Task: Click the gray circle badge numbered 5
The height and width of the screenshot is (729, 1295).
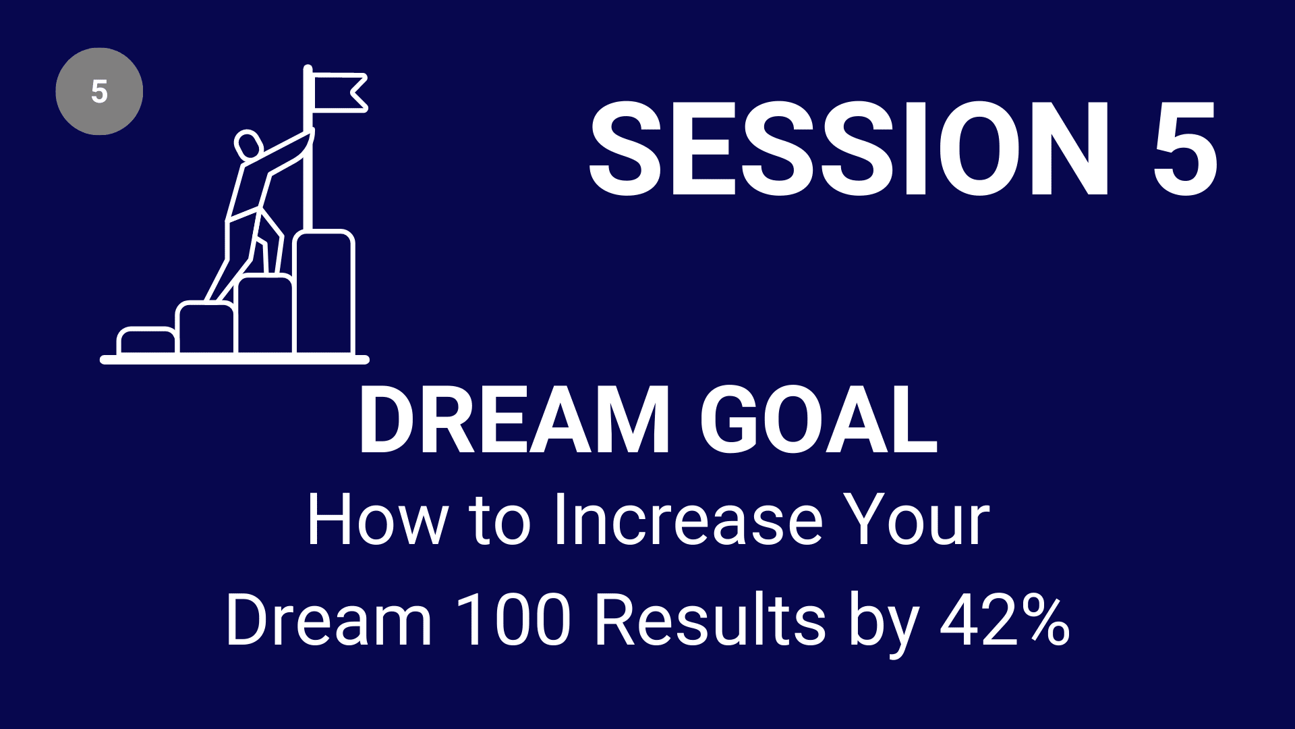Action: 99,91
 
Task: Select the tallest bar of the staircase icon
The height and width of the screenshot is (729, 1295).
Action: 324,292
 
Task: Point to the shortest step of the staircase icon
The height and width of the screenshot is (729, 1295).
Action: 146,341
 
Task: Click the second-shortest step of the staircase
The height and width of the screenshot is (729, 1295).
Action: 206,329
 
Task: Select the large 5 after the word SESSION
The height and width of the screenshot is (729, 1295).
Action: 1185,148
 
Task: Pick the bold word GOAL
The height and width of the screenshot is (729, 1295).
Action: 818,421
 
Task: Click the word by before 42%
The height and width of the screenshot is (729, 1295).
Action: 884,624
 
